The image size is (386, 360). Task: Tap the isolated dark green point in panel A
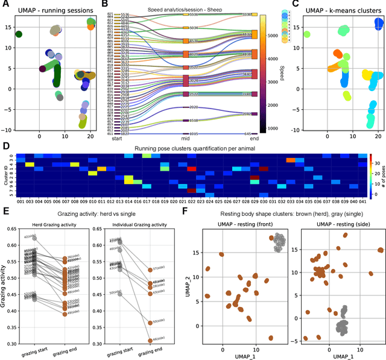coord(19,34)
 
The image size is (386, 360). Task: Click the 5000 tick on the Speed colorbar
coord(270,36)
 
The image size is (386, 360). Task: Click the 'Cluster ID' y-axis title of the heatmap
coord(4,175)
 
